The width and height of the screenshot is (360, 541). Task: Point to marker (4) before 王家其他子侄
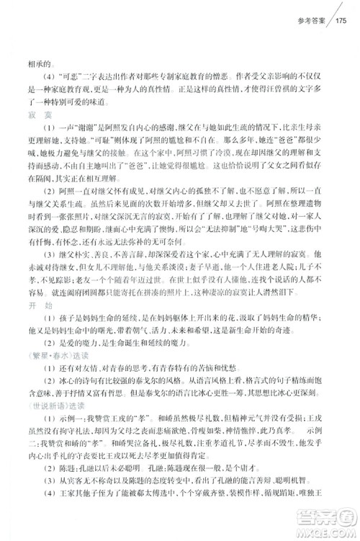click(x=42, y=524)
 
